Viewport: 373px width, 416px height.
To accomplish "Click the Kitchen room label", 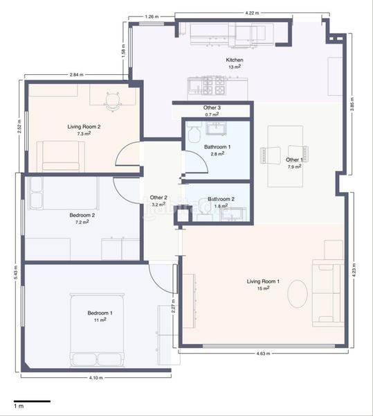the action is tap(235, 60).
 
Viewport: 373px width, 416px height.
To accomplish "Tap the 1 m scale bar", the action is tap(32, 401).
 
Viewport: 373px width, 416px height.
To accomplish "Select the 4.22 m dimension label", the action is tap(252, 12).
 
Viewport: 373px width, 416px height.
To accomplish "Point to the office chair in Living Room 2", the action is tap(113, 101).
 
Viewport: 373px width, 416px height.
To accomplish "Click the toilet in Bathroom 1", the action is tap(194, 134).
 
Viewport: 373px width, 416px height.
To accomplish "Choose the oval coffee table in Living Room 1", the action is tap(298, 294).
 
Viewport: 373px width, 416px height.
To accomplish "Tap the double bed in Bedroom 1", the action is tap(97, 330).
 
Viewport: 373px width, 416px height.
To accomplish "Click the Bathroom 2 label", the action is tap(221, 199).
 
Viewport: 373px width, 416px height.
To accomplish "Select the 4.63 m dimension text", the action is tap(263, 354).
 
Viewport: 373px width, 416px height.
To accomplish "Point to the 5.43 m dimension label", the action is tap(16, 272).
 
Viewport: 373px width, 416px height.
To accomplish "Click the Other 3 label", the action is tap(212, 107).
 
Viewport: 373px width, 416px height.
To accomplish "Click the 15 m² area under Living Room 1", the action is tap(263, 288).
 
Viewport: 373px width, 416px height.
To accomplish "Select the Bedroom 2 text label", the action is tap(82, 215).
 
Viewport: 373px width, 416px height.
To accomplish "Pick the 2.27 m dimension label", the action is tap(174, 306).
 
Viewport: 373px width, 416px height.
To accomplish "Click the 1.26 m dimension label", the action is tap(152, 17).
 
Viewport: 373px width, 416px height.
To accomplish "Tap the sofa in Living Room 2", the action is tap(61, 157).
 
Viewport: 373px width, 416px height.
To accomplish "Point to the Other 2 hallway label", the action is tap(158, 198).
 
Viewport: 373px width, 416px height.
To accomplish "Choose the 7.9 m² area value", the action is tap(294, 167).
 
